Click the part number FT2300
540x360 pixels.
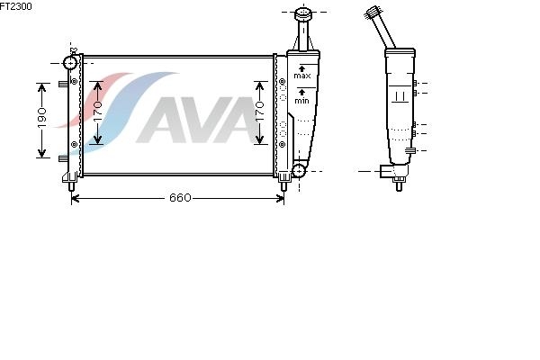tap(15, 6)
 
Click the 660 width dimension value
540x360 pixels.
tap(180, 198)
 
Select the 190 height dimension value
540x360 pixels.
tap(42, 118)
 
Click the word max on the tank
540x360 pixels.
tap(302, 76)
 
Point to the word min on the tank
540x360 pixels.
tap(301, 101)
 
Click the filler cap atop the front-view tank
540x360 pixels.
tap(303, 13)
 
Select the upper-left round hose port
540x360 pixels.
tap(70, 63)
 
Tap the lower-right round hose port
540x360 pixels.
tap(299, 170)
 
